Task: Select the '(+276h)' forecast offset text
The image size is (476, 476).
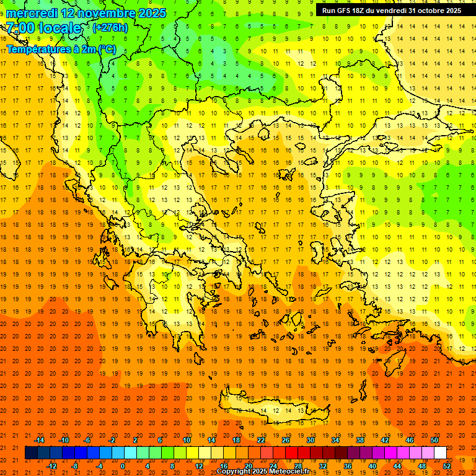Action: pyautogui.click(x=110, y=28)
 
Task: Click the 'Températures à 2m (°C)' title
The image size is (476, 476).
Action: pyautogui.click(x=61, y=49)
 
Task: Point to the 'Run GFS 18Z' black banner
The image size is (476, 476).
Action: pyautogui.click(x=391, y=11)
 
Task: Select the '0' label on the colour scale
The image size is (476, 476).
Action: pyautogui.click(x=122, y=466)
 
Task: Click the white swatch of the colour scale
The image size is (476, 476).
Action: pyautogui.click(x=440, y=453)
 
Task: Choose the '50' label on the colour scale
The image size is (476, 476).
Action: pyautogui.click(x=434, y=440)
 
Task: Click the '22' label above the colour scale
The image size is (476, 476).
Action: pyautogui.click(x=261, y=440)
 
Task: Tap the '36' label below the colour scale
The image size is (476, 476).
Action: pyautogui.click(x=348, y=466)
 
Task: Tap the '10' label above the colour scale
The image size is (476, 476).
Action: pyautogui.click(x=187, y=440)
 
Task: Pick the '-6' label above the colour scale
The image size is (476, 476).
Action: pyautogui.click(x=88, y=440)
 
